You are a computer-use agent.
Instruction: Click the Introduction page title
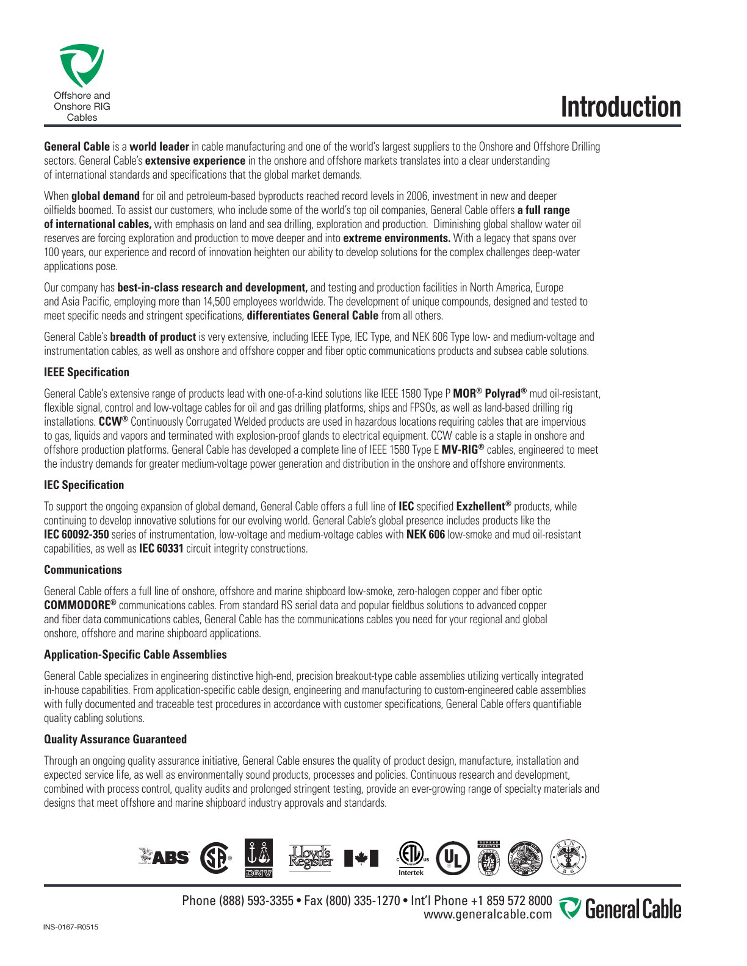coord(620,107)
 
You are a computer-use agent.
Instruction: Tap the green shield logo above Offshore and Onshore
coord(82,65)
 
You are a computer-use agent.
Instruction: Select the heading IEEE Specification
coord(87,372)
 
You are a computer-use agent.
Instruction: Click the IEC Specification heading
coord(84,485)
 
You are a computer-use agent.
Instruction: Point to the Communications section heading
coord(83,570)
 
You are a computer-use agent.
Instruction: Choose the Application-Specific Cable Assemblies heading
coord(135,654)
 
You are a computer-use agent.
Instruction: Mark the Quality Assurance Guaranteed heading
coord(115,739)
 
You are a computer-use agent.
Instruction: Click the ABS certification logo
coord(164,857)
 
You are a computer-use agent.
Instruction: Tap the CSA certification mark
coord(215,857)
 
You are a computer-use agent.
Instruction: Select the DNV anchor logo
coord(259,858)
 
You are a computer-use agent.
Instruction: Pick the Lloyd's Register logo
coord(311,857)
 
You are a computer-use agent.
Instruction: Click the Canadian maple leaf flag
coord(361,858)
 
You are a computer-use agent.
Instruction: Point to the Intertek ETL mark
coord(411,858)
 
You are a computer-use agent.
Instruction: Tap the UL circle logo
coord(453,857)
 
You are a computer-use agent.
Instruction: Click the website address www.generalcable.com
coord(488,914)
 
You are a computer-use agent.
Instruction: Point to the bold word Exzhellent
coord(481,506)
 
